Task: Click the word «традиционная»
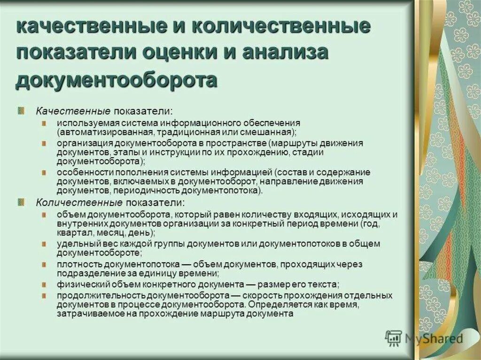(184, 132)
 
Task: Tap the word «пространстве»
(239, 143)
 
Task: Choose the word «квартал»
(71, 233)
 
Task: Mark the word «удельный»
(74, 244)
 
